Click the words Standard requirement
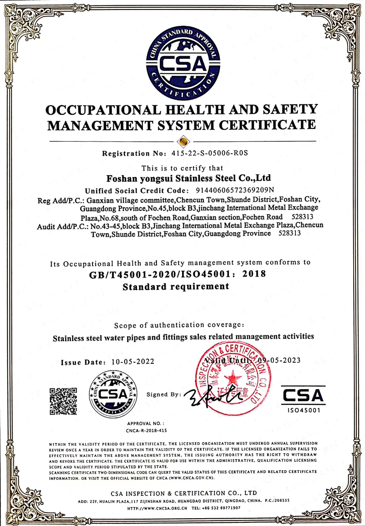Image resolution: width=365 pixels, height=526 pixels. click(176, 287)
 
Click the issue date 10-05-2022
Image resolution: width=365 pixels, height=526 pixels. click(133, 361)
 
